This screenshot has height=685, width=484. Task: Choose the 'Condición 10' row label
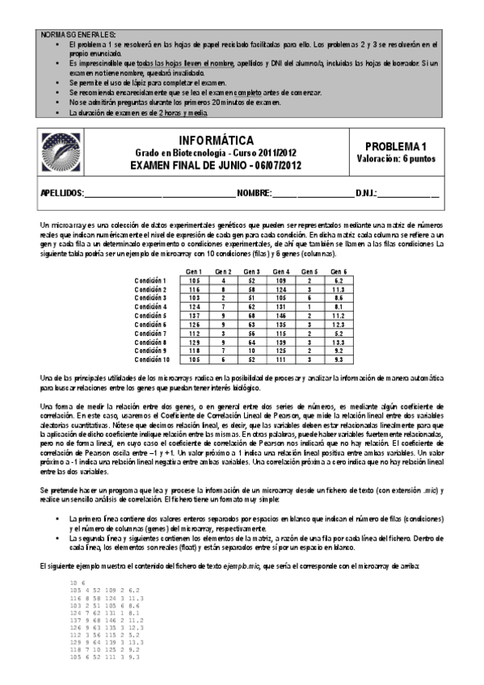pos(152,359)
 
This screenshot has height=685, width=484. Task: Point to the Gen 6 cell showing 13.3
pos(339,342)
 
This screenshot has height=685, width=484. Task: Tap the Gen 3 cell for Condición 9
pos(252,351)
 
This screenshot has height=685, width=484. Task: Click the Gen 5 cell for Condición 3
pos(310,297)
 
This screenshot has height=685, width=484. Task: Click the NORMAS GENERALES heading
pos(78,33)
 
